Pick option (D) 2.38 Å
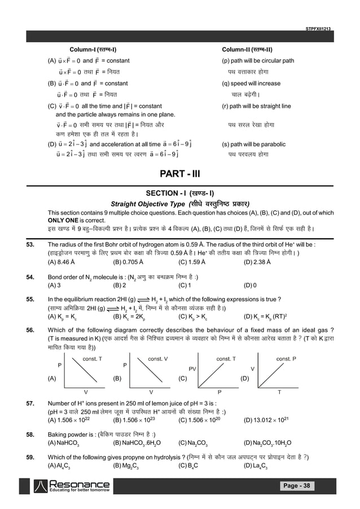click(x=257, y=262)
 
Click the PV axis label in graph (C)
click(x=193, y=368)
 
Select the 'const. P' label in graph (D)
click(x=287, y=358)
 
